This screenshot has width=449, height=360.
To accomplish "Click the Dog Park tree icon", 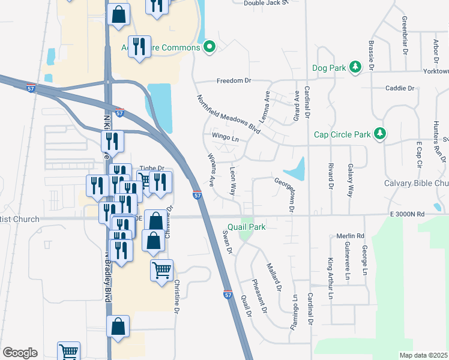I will pyautogui.click(x=355, y=67).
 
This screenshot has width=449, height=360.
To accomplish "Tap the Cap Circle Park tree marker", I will pyautogui.click(x=379, y=134).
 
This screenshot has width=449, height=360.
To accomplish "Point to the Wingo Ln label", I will pyautogui.click(x=225, y=137).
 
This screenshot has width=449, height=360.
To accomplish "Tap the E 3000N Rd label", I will pyautogui.click(x=406, y=214).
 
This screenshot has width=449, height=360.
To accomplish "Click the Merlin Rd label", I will pyautogui.click(x=351, y=236).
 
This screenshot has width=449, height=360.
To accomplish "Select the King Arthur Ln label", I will pyautogui.click(x=330, y=279).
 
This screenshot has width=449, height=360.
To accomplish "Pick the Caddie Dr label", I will pyautogui.click(x=402, y=88).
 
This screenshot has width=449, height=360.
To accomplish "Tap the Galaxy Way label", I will pyautogui.click(x=350, y=181).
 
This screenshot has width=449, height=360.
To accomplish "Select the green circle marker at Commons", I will pyautogui.click(x=209, y=46).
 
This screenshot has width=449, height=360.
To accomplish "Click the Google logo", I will pyautogui.click(x=20, y=353).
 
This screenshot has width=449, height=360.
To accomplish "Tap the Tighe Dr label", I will pyautogui.click(x=151, y=169).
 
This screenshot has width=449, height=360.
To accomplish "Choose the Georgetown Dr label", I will pyautogui.click(x=286, y=194).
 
